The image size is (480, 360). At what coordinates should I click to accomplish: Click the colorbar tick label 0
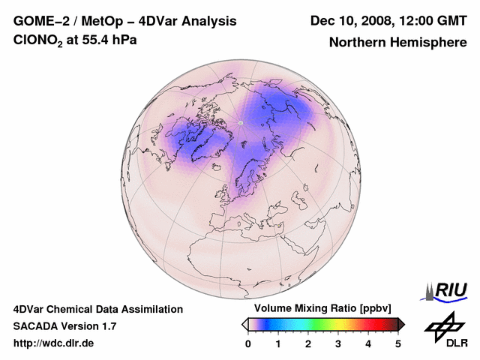[248, 343]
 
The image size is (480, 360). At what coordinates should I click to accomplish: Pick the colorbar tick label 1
[278, 343]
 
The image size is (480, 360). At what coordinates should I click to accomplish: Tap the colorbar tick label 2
[308, 343]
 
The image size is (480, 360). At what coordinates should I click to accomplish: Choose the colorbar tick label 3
[338, 343]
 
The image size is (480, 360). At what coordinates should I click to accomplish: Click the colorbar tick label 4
[368, 343]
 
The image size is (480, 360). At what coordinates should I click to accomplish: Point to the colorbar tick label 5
[398, 343]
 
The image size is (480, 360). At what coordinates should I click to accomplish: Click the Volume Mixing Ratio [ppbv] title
[319, 309]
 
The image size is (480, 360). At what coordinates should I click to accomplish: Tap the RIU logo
[447, 290]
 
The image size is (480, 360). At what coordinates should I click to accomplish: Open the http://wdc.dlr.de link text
[54, 343]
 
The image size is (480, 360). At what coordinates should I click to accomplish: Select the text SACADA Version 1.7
[64, 326]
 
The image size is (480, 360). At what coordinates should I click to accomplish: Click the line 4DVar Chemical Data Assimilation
[97, 309]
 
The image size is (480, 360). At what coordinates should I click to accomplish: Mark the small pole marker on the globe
[241, 123]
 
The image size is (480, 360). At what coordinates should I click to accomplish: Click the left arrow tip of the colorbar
[244, 323]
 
